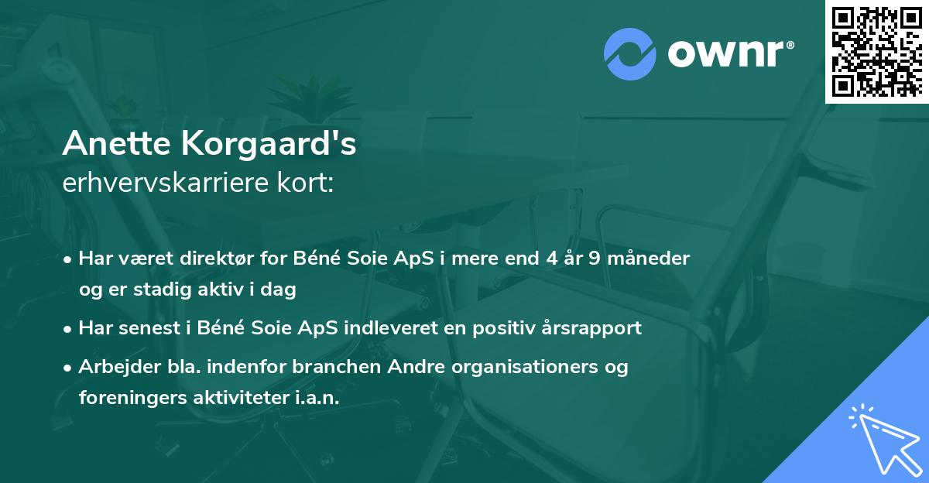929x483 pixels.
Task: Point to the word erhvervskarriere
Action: tap(162, 183)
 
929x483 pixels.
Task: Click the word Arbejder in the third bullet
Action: tap(115, 367)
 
